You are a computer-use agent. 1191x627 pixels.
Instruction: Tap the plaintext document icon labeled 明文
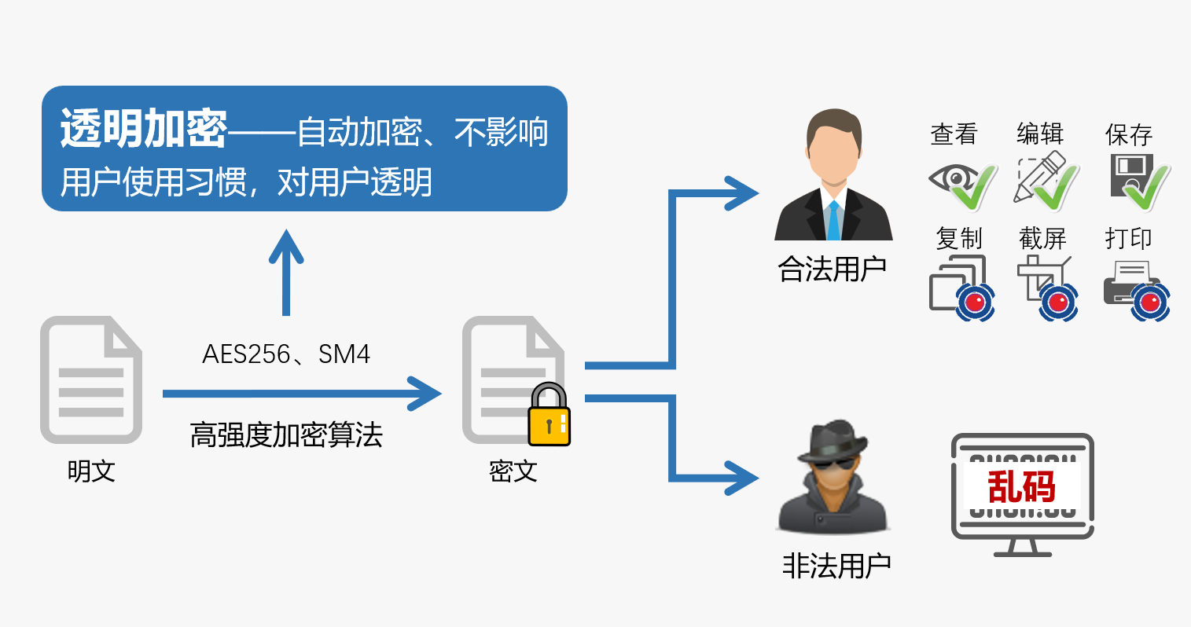tap(91, 379)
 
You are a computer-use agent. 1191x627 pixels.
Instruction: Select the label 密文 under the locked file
tap(513, 471)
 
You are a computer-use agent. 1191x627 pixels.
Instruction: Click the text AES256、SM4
tap(286, 354)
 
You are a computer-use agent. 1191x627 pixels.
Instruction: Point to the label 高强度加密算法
tap(286, 434)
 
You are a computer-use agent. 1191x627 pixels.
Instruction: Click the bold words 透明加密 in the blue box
tap(144, 129)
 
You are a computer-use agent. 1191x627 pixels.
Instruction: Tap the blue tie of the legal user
tap(833, 220)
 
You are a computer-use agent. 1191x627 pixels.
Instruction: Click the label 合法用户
tap(832, 269)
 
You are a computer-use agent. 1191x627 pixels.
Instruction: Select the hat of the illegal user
tap(833, 440)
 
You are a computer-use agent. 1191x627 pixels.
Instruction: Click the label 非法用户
tap(836, 566)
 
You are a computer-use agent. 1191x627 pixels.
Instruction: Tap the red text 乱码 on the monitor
tap(1021, 486)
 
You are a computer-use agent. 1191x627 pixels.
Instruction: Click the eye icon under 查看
tap(951, 179)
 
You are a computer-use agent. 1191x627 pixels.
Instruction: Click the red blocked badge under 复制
tap(976, 302)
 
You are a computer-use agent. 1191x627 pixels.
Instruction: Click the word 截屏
tap(1042, 238)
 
